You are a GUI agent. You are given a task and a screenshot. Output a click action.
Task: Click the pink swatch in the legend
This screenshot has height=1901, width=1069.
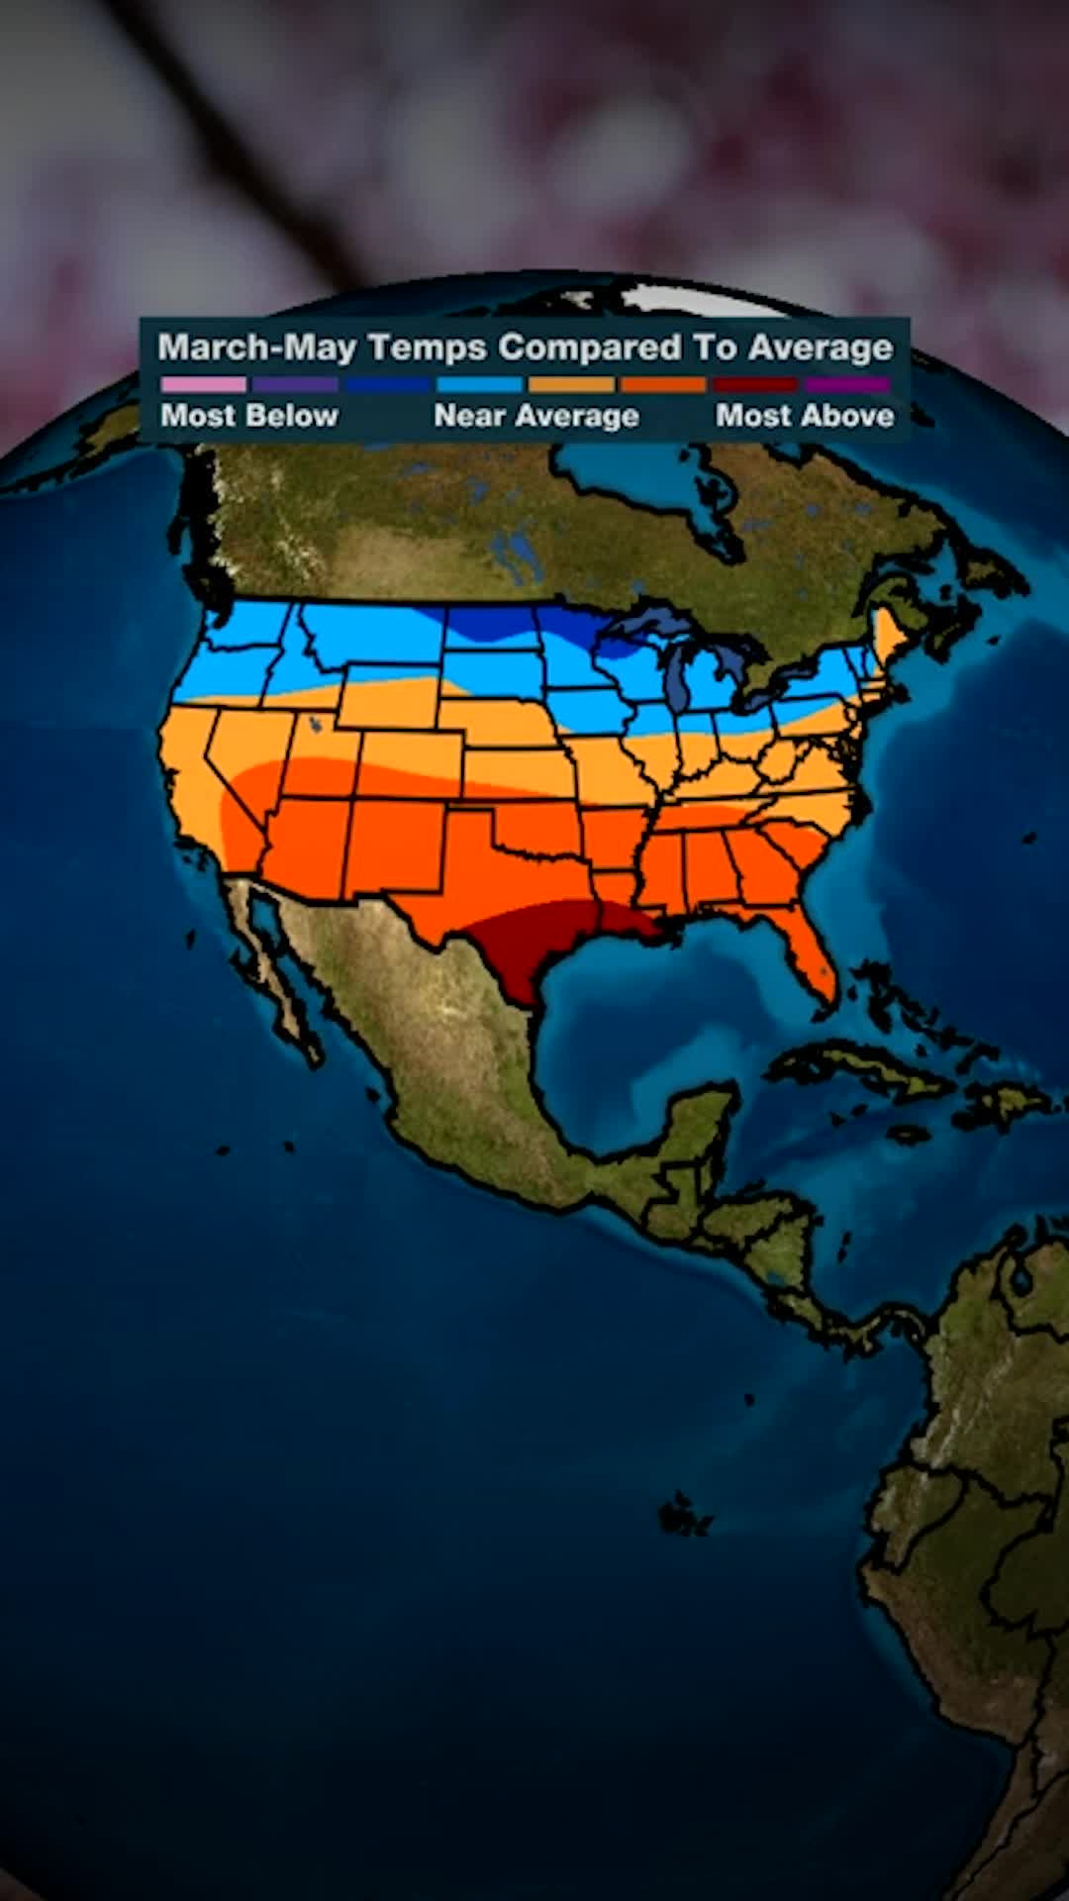203,384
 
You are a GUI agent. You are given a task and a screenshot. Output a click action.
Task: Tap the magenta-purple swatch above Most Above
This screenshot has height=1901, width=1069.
846,384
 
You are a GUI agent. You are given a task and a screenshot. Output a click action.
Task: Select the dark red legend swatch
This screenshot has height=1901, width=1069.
754,384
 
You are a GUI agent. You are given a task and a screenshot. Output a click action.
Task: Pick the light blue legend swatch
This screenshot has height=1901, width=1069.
479,384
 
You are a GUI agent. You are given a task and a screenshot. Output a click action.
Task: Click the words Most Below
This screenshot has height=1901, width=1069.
249,416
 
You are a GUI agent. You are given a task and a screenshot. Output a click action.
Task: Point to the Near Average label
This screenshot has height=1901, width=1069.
535,416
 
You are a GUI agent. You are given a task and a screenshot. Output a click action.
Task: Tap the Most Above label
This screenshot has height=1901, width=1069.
805,416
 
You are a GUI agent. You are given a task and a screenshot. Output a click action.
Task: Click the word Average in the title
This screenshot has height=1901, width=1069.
821,348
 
